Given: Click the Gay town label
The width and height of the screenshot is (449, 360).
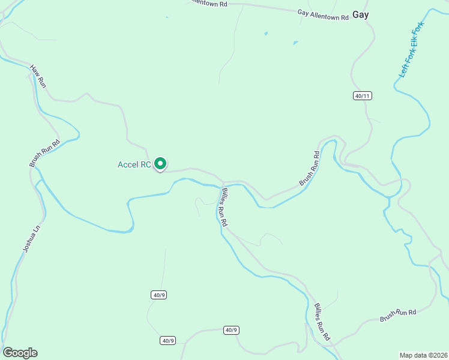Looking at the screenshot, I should pyautogui.click(x=360, y=14).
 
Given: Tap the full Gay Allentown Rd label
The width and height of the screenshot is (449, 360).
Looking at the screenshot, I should pyautogui.click(x=323, y=14).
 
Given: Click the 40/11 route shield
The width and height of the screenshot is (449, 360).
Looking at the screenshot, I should pyautogui.click(x=360, y=96).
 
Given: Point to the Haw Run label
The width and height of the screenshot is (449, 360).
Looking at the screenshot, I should pyautogui.click(x=37, y=76).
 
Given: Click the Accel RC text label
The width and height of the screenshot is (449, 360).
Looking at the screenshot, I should pyautogui.click(x=134, y=164).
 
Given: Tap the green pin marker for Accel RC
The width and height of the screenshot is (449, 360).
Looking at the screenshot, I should pyautogui.click(x=160, y=163).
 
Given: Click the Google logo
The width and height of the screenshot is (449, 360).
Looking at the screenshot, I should pyautogui.click(x=20, y=353).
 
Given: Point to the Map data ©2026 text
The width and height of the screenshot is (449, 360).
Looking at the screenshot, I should pyautogui.click(x=423, y=355).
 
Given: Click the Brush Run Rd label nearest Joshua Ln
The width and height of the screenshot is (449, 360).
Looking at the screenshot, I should pyautogui.click(x=45, y=153).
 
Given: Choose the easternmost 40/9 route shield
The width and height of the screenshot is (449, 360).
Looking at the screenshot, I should pyautogui.click(x=231, y=330).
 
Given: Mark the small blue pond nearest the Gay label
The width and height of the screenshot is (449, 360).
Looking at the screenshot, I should pyautogui.click(x=295, y=43).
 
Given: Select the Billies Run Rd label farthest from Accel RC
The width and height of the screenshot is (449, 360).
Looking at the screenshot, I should pyautogui.click(x=322, y=322).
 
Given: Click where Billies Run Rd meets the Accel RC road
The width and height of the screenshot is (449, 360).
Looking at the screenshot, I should pyautogui.click(x=223, y=182).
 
